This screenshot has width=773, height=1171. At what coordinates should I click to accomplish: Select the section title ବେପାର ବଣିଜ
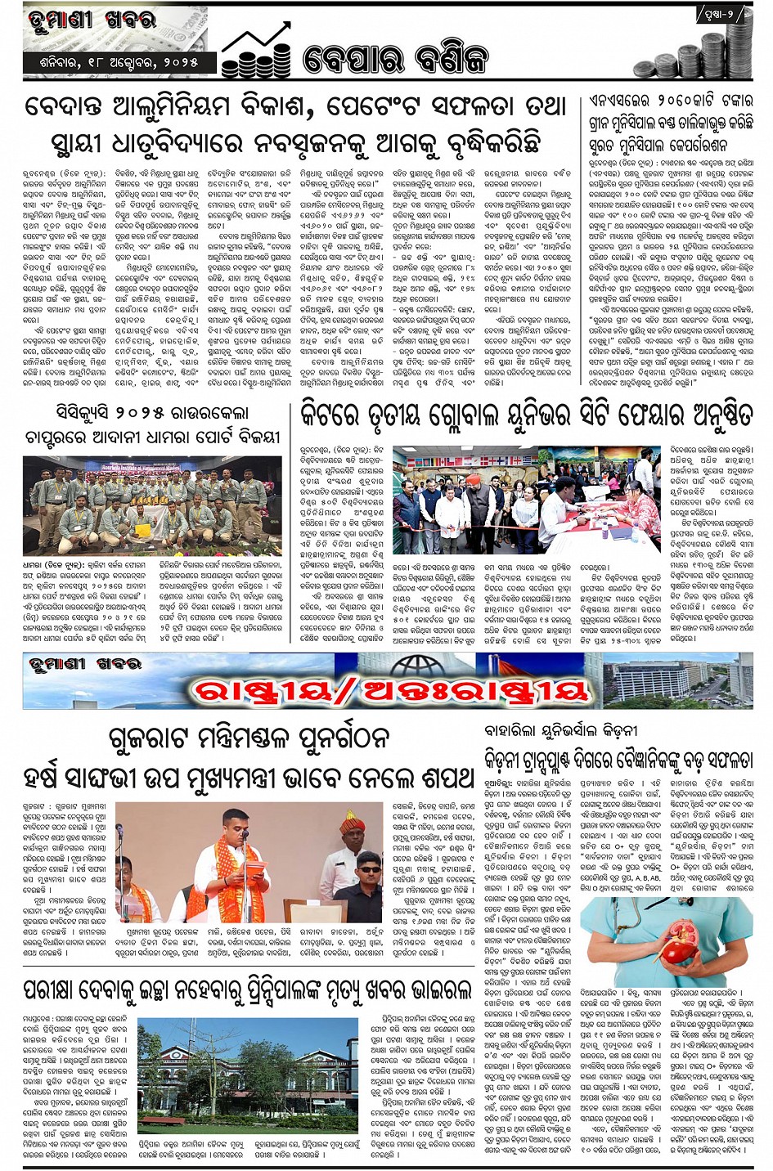395,60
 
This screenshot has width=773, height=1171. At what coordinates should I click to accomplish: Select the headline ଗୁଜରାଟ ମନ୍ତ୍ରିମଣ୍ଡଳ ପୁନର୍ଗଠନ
249,738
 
